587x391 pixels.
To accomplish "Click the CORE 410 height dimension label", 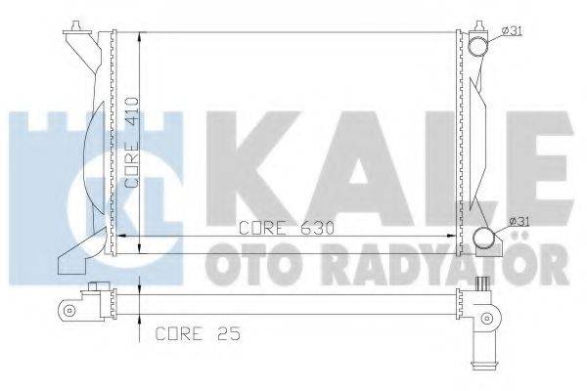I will [131, 142].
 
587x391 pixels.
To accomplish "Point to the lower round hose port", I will [484, 239].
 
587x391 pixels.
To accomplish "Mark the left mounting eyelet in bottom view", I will [69, 312].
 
